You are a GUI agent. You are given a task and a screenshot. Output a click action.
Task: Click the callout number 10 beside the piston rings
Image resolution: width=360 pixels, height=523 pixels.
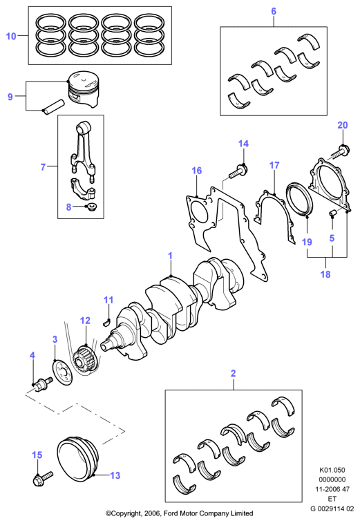point(11,36)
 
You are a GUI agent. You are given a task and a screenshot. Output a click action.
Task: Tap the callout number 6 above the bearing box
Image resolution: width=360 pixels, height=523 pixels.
point(274,11)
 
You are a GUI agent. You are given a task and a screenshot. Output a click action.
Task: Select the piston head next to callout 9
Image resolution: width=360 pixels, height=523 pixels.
point(84,89)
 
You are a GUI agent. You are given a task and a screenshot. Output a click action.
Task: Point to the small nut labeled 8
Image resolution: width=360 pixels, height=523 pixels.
point(91,207)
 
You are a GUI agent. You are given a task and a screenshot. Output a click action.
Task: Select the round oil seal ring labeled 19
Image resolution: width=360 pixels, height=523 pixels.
point(300,199)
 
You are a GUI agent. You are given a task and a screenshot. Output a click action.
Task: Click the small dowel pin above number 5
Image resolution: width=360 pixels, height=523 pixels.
point(332,213)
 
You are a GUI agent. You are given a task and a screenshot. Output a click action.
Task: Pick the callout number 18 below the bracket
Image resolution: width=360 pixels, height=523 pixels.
point(325,274)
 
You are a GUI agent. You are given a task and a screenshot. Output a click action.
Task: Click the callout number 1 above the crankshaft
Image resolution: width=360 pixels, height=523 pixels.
point(170,256)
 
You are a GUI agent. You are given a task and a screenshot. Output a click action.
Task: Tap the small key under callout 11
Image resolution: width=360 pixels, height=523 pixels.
point(108,321)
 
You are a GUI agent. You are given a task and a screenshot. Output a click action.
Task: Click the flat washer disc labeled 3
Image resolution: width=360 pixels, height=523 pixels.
point(62,373)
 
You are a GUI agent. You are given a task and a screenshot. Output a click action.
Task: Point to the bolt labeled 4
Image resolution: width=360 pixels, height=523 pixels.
point(42,383)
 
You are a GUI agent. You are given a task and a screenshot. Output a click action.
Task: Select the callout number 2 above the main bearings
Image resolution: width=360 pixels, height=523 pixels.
point(234,373)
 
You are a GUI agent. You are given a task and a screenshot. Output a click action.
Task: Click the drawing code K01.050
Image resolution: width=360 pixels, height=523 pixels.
point(332,470)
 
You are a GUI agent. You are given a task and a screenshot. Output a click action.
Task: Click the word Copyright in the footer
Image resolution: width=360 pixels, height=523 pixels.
point(126,513)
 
